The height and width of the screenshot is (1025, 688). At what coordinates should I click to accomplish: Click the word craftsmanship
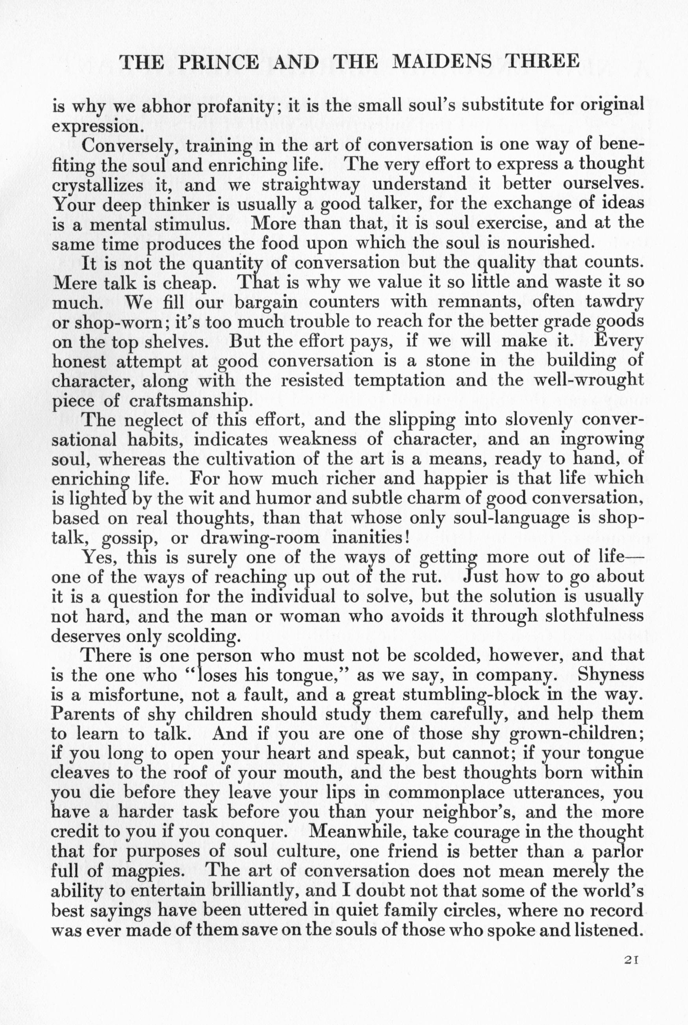point(190,401)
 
